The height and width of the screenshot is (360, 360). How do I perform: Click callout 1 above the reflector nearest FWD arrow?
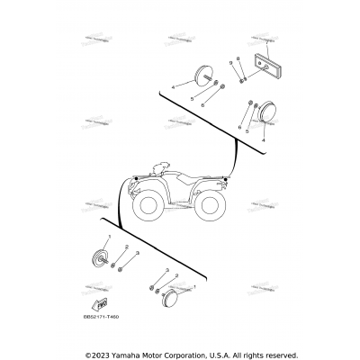(107, 236)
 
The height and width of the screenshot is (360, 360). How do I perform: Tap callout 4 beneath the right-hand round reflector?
(263, 140)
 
